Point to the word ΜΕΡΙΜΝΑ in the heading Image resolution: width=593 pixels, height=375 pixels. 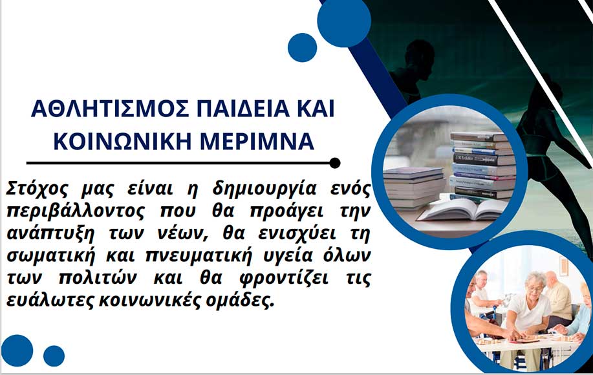[x=257, y=142]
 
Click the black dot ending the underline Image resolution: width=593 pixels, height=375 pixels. [x=335, y=163]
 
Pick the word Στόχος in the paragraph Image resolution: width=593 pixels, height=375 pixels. [x=37, y=189]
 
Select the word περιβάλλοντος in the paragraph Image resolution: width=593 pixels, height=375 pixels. [x=75, y=211]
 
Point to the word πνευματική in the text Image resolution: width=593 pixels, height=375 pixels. [x=199, y=256]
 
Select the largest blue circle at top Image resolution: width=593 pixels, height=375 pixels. [x=344, y=21]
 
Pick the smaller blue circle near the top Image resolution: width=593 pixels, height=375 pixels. [x=302, y=48]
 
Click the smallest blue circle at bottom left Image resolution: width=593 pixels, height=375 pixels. [x=54, y=356]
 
